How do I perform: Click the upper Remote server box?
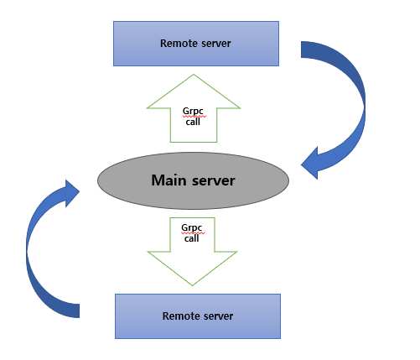pos(196,43)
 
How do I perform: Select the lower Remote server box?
pos(196,316)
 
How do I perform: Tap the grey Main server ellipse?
pos(193,180)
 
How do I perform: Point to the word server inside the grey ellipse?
pos(213,180)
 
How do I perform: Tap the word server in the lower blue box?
pos(216,316)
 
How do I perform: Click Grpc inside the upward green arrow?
pos(193,109)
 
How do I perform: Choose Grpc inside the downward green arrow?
pos(193,227)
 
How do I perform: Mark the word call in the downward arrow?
pos(193,238)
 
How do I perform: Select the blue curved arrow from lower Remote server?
pos(38,252)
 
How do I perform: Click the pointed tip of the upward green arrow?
pos(193,76)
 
